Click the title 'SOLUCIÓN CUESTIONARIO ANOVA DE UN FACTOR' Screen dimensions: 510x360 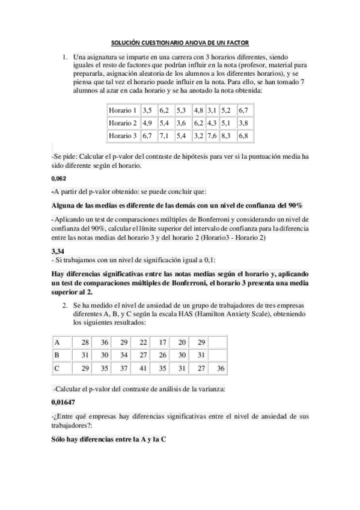[180, 43]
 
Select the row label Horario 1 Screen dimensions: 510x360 [123, 111]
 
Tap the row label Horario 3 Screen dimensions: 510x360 [123, 136]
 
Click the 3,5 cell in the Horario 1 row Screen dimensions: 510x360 [148, 111]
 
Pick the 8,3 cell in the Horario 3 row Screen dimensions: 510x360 [226, 136]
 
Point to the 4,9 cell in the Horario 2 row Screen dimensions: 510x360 [148, 123]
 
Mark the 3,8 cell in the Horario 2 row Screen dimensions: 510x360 [243, 123]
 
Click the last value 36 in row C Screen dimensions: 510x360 [220, 367]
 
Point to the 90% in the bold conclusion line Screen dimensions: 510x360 [294, 205]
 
